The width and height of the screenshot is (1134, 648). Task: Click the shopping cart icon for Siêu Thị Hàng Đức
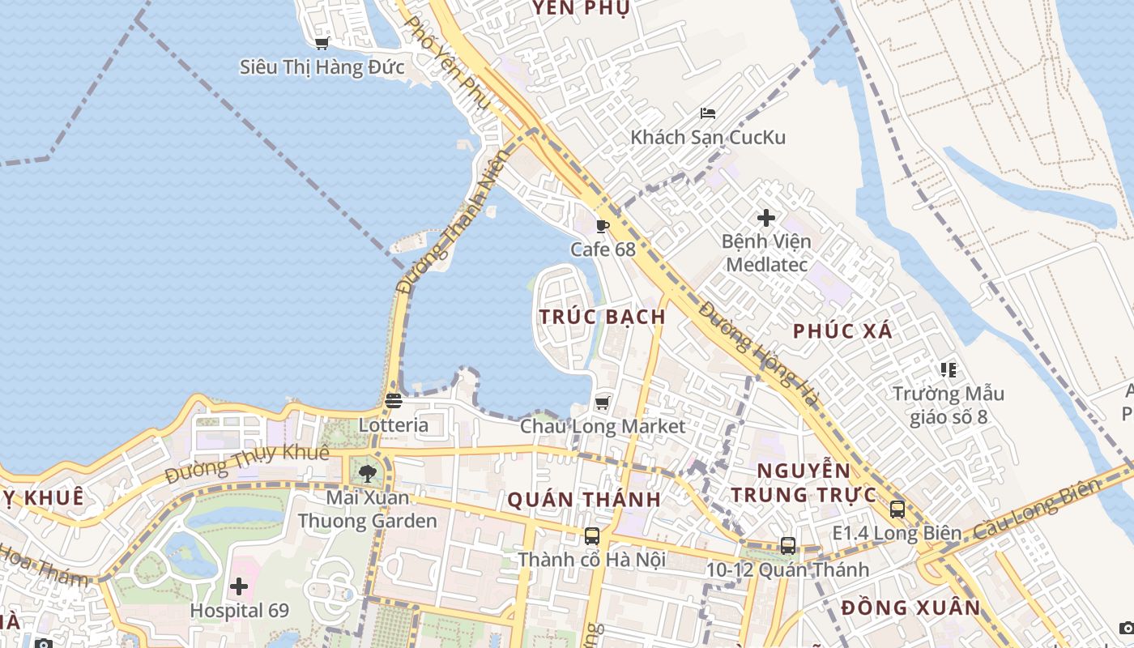(322, 44)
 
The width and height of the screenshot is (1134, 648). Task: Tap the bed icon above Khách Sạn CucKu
(708, 113)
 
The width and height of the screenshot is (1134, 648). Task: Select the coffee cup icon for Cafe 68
(602, 226)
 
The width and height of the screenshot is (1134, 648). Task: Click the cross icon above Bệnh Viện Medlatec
(766, 218)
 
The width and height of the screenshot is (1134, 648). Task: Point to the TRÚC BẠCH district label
(603, 317)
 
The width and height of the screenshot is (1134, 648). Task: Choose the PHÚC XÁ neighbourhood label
(842, 330)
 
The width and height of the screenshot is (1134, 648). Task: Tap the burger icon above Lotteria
(394, 401)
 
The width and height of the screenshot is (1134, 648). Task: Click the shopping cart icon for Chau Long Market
(602, 403)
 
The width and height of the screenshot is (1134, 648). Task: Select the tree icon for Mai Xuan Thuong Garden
(368, 474)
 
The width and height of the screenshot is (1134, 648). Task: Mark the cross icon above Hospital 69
(239, 586)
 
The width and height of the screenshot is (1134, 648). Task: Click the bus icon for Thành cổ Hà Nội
(592, 535)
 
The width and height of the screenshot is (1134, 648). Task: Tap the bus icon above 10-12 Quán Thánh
(788, 545)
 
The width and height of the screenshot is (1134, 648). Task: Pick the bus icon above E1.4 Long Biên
(897, 509)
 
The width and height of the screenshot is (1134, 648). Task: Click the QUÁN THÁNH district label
(584, 500)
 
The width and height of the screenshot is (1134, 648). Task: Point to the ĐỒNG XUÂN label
(910, 607)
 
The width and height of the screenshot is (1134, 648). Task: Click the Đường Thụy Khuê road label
(246, 464)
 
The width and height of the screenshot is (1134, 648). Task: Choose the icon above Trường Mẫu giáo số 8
(949, 370)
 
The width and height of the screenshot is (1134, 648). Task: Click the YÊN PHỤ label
(581, 9)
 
